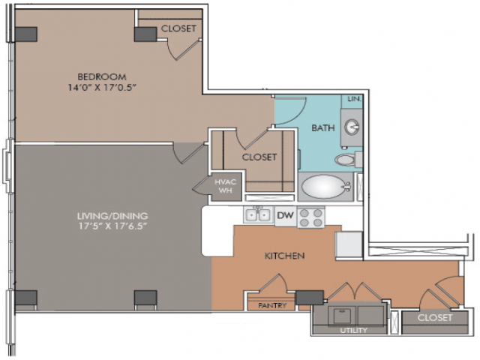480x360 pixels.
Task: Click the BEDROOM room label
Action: click(x=102, y=76)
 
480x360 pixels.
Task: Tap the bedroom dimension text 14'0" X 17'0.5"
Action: click(x=102, y=88)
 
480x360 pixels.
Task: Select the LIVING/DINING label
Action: click(x=112, y=216)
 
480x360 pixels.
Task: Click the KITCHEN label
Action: click(x=284, y=256)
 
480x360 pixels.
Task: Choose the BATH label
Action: click(x=323, y=127)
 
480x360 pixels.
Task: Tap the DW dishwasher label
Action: click(x=285, y=215)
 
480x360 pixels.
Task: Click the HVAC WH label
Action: click(x=225, y=186)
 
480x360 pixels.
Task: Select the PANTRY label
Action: click(x=272, y=305)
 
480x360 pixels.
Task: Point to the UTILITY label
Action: click(x=353, y=330)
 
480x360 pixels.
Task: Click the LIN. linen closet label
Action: click(x=355, y=99)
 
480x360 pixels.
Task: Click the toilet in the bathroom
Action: click(x=348, y=160)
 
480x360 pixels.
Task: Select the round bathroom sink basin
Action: click(x=352, y=127)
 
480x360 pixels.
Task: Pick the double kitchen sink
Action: click(x=257, y=215)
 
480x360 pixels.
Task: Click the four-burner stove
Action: click(x=310, y=217)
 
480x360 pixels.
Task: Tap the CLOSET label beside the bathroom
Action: click(x=259, y=157)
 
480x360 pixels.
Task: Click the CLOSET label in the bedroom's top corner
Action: click(x=178, y=28)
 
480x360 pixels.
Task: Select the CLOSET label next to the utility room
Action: click(x=435, y=318)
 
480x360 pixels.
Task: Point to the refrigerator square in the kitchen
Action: click(x=349, y=245)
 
